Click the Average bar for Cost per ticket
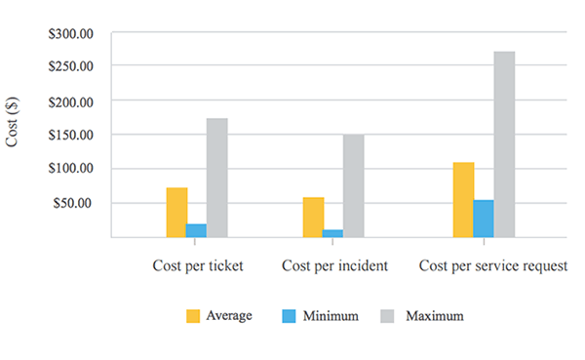[x=176, y=212]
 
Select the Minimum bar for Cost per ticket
[x=197, y=230]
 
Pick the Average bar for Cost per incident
[x=313, y=217]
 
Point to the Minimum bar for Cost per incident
[x=332, y=233]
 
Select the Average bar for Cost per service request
[x=463, y=199]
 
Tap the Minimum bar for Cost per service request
[x=484, y=219]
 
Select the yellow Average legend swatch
[x=192, y=316]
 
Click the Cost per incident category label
[x=335, y=265]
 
